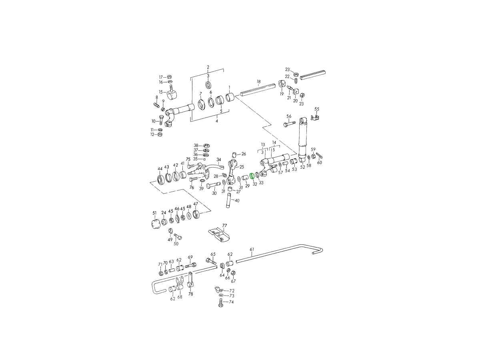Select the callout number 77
tap(224, 225)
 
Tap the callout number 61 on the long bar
tap(252, 249)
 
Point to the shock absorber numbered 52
tap(303, 140)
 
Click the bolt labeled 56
tap(289, 124)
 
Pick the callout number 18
tap(258, 82)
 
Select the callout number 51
tap(155, 213)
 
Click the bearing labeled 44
tap(160, 180)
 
